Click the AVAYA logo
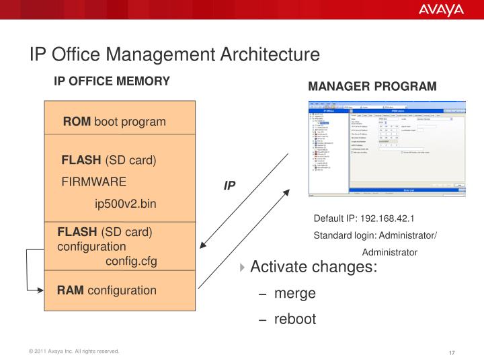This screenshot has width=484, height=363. click(x=441, y=9)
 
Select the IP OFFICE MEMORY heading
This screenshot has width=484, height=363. click(x=112, y=81)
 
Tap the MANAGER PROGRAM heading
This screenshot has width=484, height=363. click(x=372, y=87)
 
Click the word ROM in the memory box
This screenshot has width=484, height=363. click(x=77, y=122)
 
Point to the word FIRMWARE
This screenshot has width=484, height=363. click(x=93, y=182)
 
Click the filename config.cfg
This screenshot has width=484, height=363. click(x=131, y=261)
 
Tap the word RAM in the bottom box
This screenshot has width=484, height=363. click(x=70, y=290)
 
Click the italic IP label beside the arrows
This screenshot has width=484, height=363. click(x=229, y=185)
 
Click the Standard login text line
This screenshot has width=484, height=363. click(x=375, y=235)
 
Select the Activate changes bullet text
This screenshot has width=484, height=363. click(x=313, y=267)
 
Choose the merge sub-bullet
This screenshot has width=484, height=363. click(x=294, y=294)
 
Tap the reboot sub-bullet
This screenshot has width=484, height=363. click(x=294, y=319)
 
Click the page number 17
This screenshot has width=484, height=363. click(x=452, y=354)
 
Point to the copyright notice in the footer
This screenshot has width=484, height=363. click(x=73, y=352)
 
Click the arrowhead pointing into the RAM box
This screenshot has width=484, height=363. click(x=40, y=290)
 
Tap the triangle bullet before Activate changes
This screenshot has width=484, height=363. click(x=243, y=268)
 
